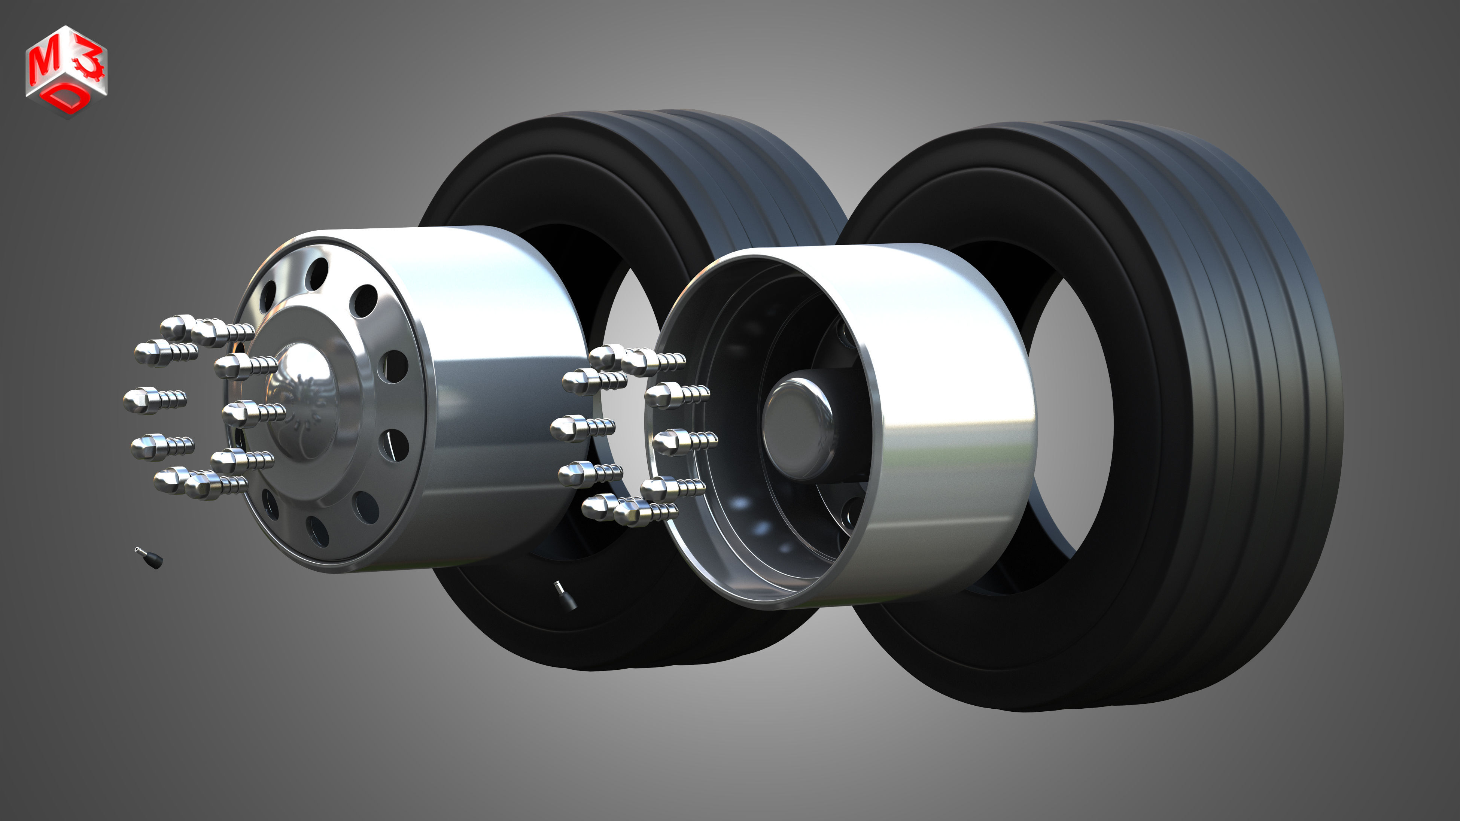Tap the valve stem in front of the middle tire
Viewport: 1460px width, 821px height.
(565, 596)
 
